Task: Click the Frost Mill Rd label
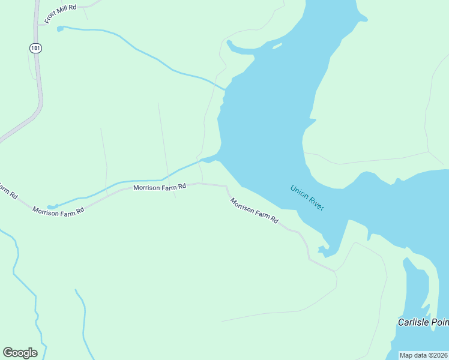(60, 14)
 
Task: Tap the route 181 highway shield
(36, 48)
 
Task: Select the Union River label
(307, 197)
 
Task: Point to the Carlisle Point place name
(423, 322)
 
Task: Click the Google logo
(20, 352)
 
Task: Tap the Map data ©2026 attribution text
(423, 355)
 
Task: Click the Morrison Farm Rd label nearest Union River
(255, 211)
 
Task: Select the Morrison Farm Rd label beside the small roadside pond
(59, 211)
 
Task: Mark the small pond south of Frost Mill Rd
(59, 28)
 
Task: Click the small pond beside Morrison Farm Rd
(51, 206)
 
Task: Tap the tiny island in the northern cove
(277, 46)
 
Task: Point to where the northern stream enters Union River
(225, 89)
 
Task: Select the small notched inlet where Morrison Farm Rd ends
(325, 248)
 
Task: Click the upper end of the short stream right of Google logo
(76, 290)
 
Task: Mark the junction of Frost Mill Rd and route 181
(38, 25)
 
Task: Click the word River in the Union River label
(316, 203)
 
